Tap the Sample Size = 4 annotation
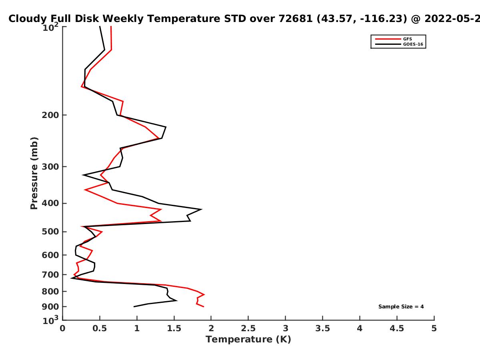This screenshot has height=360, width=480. (x=401, y=307)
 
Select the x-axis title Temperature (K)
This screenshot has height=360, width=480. (x=248, y=340)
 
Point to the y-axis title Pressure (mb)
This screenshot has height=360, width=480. (x=34, y=173)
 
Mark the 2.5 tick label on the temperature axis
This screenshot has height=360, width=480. (x=248, y=328)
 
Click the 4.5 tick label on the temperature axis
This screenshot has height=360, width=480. (x=397, y=328)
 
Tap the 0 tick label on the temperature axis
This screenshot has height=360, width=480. (x=62, y=328)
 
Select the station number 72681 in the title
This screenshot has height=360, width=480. (x=296, y=19)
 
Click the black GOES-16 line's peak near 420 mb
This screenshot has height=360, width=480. (x=201, y=209)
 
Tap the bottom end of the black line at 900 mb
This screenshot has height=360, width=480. (x=134, y=307)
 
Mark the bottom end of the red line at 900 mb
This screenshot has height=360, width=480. (x=204, y=307)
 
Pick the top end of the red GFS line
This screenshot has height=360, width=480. (x=111, y=26)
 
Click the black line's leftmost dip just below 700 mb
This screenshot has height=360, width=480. (x=71, y=278)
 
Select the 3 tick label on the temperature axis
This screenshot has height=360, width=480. (x=285, y=328)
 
